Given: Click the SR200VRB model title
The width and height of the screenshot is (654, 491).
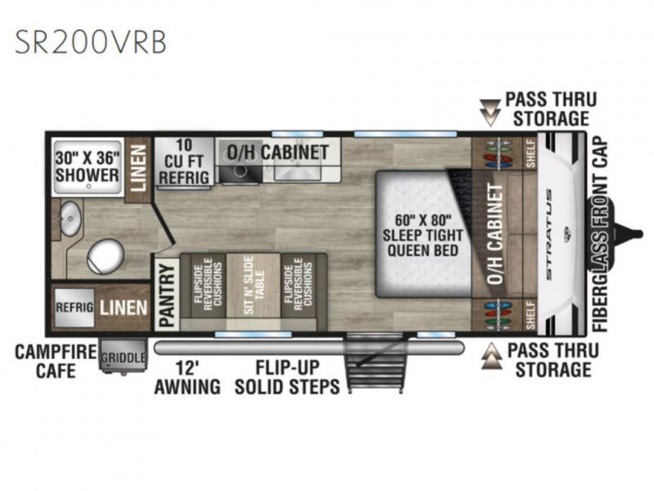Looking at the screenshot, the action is [91, 42].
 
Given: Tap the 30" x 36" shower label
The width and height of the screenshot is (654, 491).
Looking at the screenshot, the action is [87, 167].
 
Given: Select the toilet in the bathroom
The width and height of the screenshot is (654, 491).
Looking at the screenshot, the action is [105, 256].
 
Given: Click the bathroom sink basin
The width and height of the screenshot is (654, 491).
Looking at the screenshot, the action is [70, 218].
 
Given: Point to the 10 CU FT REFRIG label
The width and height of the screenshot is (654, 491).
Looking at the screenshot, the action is [184, 161].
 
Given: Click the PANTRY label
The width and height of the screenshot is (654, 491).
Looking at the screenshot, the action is [167, 295].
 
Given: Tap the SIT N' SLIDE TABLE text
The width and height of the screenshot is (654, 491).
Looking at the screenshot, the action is [253, 285].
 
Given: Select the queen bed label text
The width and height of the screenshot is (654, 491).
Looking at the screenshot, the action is [423, 235].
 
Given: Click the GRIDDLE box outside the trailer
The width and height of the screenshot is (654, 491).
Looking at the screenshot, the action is [123, 354].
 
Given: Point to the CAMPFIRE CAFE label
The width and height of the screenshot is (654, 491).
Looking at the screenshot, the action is [56, 361].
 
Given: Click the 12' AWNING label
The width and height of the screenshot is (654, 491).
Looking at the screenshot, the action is [187, 378].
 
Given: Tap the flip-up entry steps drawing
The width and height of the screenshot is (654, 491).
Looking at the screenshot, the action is [375, 363].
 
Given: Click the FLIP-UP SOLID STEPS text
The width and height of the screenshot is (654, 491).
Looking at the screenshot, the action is [288, 377].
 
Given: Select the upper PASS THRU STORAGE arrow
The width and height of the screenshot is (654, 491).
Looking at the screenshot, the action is [490, 112].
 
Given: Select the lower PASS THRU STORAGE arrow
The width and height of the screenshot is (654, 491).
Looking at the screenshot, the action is [492, 356].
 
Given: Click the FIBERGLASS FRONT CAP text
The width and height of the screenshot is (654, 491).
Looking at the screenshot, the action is [600, 235].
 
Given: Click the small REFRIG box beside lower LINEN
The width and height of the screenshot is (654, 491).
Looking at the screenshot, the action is [74, 308].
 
